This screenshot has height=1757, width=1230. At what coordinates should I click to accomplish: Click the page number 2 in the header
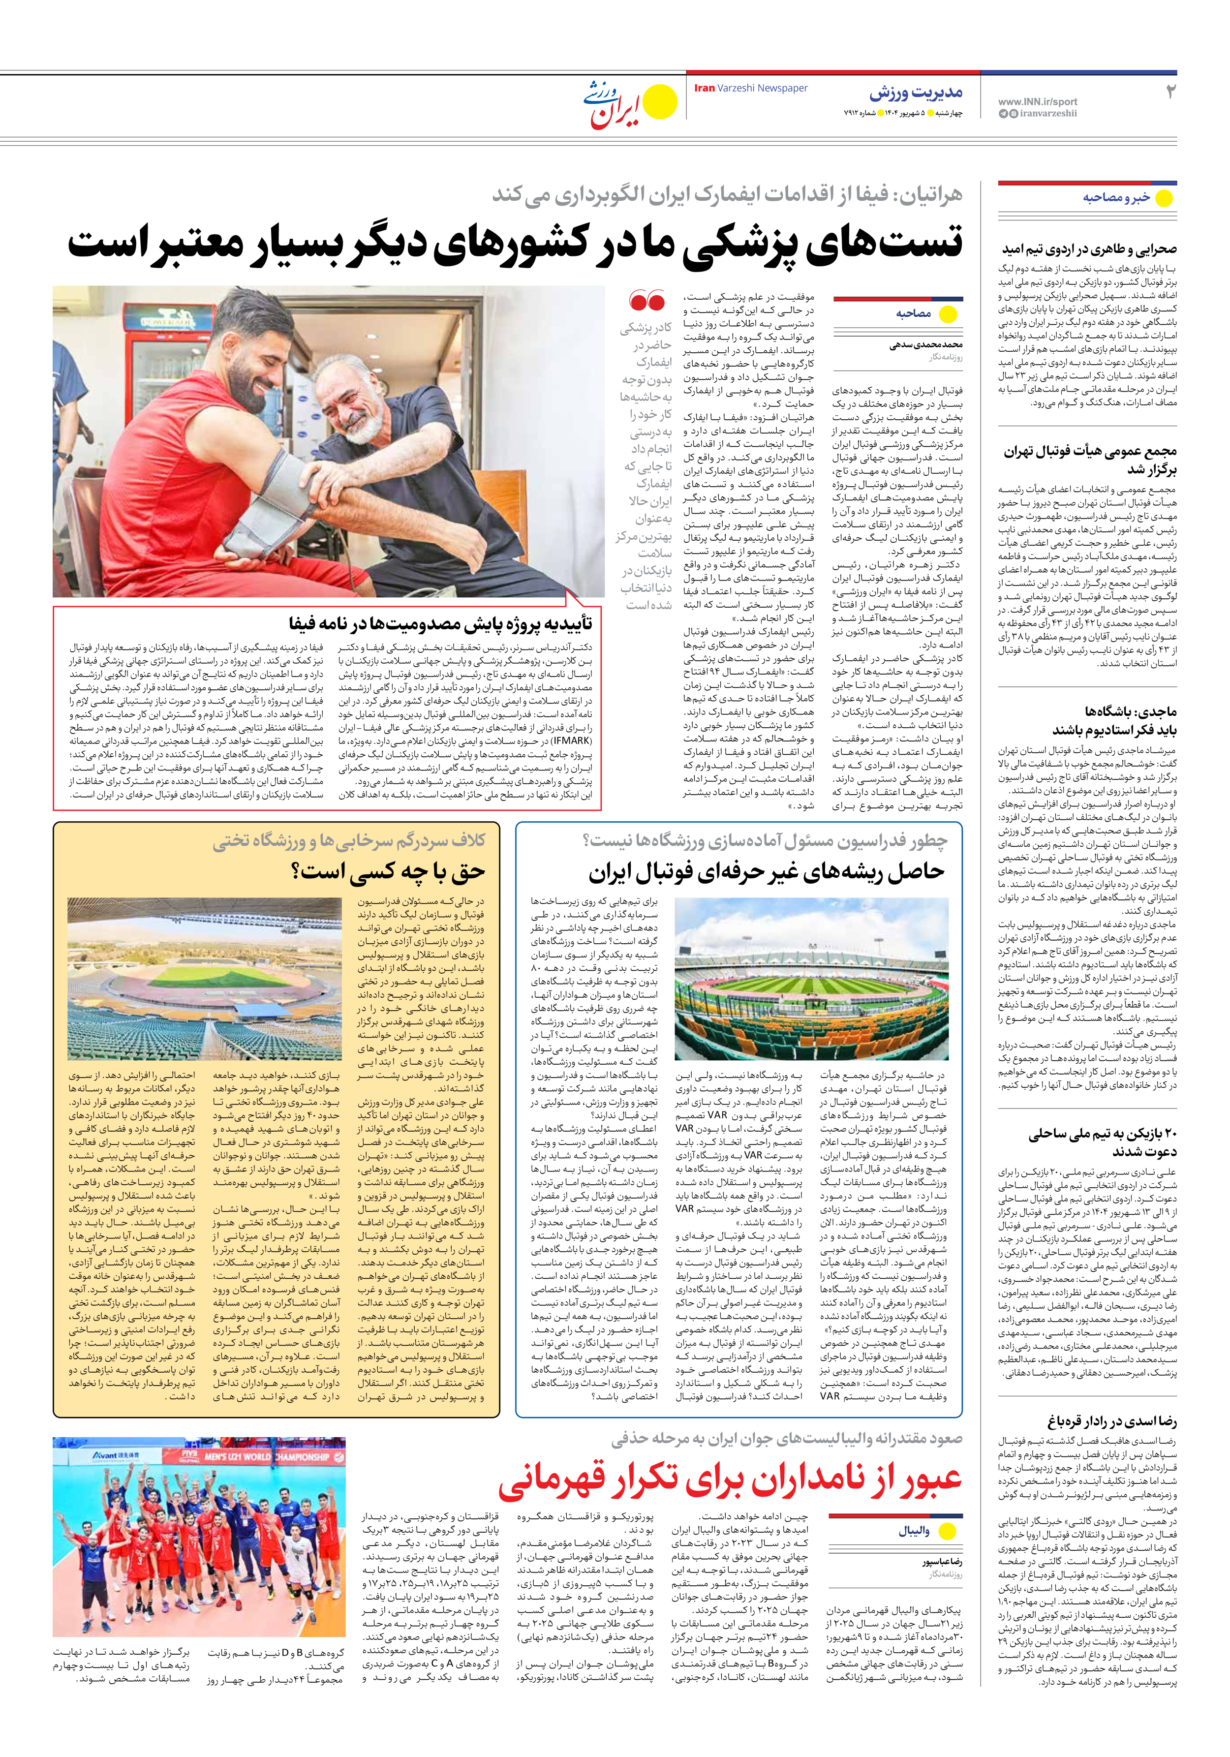(x=1169, y=92)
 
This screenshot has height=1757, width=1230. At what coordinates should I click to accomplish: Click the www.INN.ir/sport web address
(x=1037, y=101)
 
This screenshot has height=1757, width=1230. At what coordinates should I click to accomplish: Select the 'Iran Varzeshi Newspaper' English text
(x=750, y=88)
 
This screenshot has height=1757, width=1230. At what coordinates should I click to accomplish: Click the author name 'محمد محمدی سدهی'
(x=925, y=345)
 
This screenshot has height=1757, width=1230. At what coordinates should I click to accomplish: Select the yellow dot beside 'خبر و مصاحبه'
(x=1164, y=198)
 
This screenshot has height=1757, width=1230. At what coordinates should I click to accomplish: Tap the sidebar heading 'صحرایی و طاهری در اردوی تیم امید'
(x=1089, y=249)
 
